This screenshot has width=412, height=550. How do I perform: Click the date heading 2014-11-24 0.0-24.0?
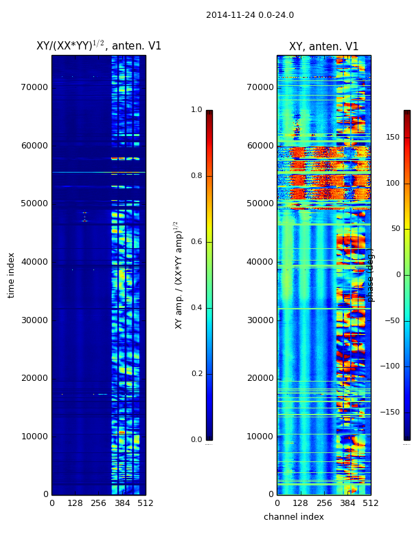[x=249, y=15]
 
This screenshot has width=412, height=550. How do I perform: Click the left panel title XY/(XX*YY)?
[x=98, y=46]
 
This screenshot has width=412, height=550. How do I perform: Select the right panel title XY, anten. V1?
[x=323, y=47]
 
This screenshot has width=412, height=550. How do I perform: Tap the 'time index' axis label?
[x=11, y=275]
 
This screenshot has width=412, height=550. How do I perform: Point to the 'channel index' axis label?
[x=293, y=517]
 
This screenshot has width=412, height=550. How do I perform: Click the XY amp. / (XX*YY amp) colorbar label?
[x=178, y=275]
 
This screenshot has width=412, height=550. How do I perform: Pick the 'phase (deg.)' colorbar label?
[x=371, y=275]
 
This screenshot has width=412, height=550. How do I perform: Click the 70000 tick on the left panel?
[x=34, y=87]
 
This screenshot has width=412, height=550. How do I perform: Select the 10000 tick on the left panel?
[x=34, y=437]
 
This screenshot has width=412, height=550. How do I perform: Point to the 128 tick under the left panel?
[x=75, y=503]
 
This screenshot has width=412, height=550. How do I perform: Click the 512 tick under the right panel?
[x=371, y=503]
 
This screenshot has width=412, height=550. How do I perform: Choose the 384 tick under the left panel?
[x=122, y=503]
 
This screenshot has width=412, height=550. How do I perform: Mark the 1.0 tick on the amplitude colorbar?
[x=196, y=110]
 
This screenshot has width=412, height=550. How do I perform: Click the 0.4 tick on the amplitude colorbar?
[x=196, y=308]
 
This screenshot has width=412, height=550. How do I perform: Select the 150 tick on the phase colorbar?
[x=392, y=137]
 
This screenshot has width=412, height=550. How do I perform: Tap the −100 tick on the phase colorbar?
[x=390, y=366]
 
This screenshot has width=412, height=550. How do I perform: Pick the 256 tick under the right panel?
[x=323, y=503]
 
